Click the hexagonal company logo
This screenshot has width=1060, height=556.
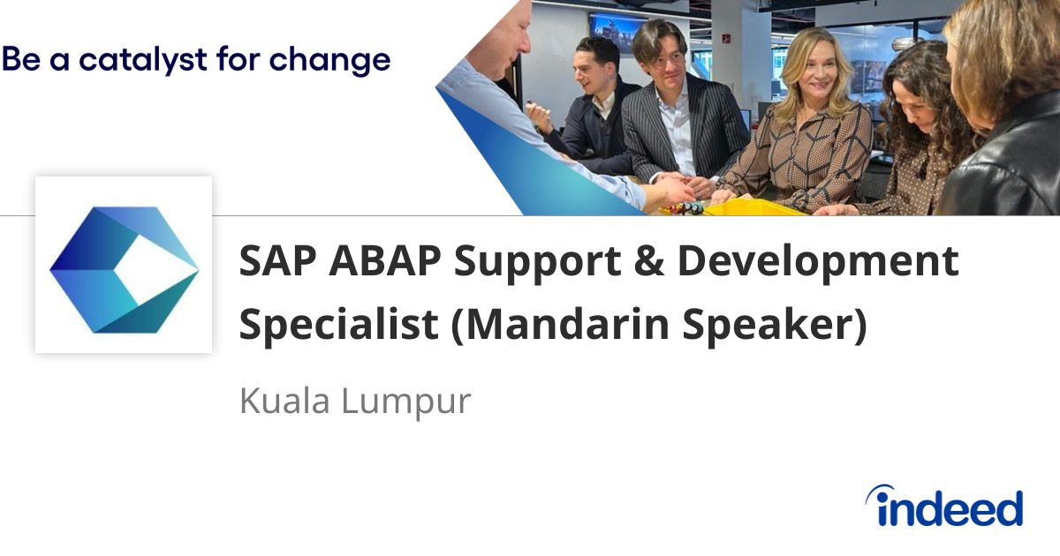pos(124,265)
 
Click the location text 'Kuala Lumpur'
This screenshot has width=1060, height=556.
pos(354,401)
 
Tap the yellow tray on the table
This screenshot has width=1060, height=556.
pos(751,208)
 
